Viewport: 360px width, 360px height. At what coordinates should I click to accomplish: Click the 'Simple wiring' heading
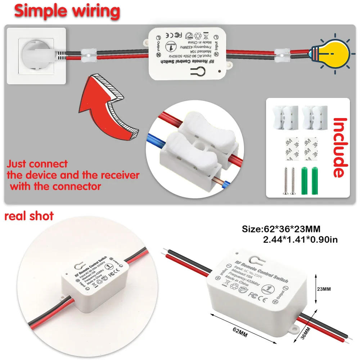click(67, 11)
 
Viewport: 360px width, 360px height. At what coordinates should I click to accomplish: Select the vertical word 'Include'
click(340, 148)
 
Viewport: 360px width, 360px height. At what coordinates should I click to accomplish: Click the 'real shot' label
click(29, 216)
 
